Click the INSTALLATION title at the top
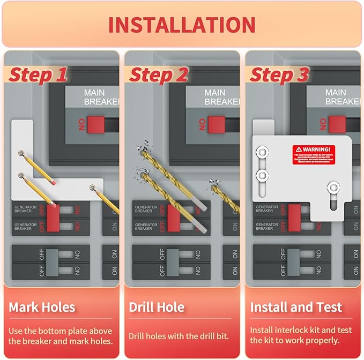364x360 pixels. click(x=182, y=25)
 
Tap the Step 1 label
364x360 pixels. click(x=38, y=75)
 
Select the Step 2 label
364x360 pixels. click(x=158, y=75)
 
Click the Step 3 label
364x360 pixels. click(x=279, y=75)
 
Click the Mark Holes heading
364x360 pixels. click(x=42, y=307)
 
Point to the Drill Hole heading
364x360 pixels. click(x=157, y=307)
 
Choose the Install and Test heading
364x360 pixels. click(x=296, y=307)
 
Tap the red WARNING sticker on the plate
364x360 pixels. click(x=314, y=154)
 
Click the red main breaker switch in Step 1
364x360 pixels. click(x=95, y=124)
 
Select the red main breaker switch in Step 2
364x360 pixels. click(x=216, y=124)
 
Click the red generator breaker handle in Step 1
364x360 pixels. click(x=53, y=217)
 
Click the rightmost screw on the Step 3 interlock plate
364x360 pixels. click(x=333, y=187)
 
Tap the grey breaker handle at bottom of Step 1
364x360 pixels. click(x=52, y=261)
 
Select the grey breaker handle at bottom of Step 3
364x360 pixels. click(x=293, y=261)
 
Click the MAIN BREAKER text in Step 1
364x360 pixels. click(x=101, y=97)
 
